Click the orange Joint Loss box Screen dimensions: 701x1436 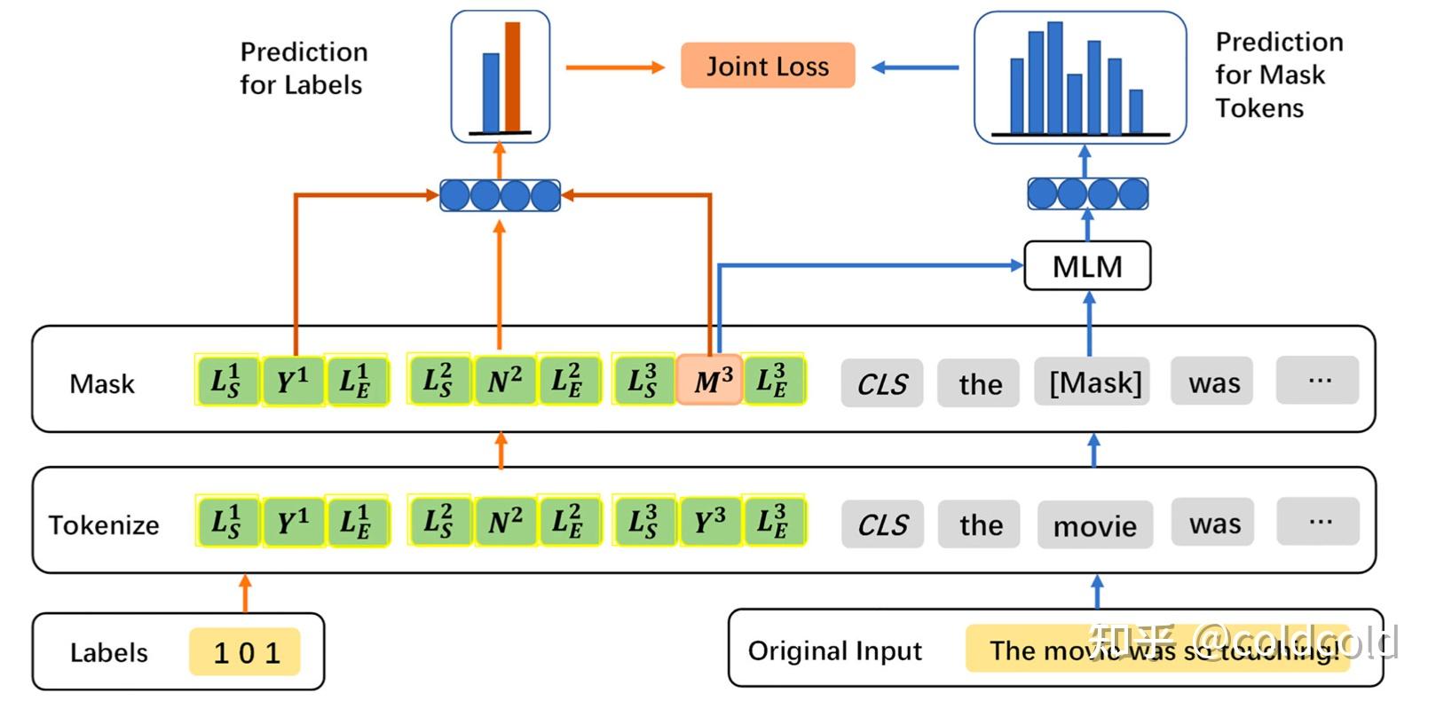[x=768, y=66]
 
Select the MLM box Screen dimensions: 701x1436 [x=1087, y=266]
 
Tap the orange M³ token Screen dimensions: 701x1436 [x=710, y=381]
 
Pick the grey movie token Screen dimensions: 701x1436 [x=1094, y=525]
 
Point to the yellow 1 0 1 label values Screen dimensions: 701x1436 [x=245, y=653]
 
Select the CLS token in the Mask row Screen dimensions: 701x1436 [x=882, y=383]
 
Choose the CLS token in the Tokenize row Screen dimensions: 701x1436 [x=882, y=524]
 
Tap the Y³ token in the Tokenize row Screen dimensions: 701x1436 [x=710, y=522]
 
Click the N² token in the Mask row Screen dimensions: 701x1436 [x=504, y=381]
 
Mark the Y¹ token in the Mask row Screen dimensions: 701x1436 [x=293, y=381]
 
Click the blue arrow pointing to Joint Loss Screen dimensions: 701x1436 [x=914, y=67]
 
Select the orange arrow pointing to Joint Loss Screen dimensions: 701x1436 [x=615, y=67]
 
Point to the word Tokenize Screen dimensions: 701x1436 [x=104, y=525]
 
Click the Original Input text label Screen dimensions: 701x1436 [x=835, y=651]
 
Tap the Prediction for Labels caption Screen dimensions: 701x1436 [x=303, y=68]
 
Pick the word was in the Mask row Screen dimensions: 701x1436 [x=1213, y=382]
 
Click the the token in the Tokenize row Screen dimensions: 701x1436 [x=981, y=524]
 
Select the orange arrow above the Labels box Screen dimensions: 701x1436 [x=245, y=593]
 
